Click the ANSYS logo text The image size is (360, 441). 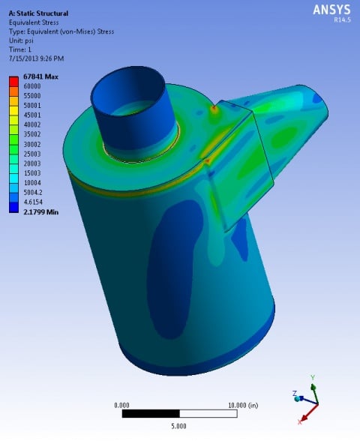tap(331, 10)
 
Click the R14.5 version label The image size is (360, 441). tap(342, 19)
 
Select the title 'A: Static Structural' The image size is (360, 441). tap(38, 13)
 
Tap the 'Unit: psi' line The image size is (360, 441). tap(21, 40)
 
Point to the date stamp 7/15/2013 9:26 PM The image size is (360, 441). tap(37, 58)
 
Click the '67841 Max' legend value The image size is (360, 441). tap(40, 76)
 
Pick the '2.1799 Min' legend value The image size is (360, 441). tap(41, 211)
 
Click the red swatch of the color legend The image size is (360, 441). tap(13, 82)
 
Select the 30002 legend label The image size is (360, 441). tap(32, 144)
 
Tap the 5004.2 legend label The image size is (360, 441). tap(33, 192)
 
